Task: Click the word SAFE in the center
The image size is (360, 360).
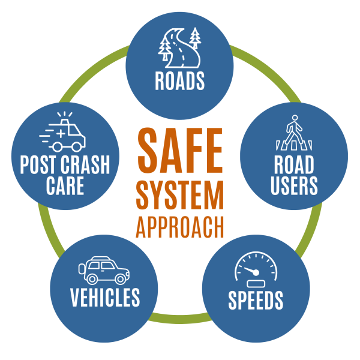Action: [x=180, y=150]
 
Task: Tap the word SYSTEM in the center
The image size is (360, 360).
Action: [x=180, y=195]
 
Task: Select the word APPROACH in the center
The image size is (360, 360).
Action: [x=180, y=227]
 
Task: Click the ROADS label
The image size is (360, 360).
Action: [x=180, y=80]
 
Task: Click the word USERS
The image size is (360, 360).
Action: [x=294, y=186]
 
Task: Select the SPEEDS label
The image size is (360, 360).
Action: [x=256, y=300]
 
